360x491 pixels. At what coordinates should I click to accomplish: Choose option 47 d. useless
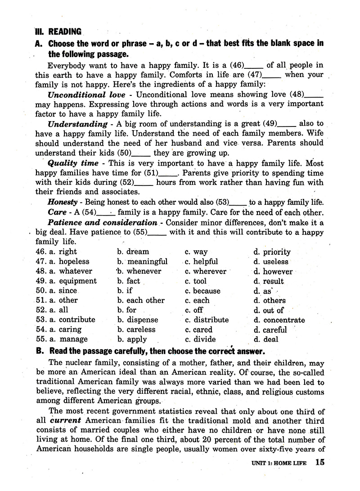270,261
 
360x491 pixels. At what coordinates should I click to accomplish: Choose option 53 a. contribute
72,320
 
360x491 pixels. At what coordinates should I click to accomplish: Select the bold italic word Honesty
63,203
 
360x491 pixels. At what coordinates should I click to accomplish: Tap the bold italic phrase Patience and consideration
102,222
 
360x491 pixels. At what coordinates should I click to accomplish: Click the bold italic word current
61,420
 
